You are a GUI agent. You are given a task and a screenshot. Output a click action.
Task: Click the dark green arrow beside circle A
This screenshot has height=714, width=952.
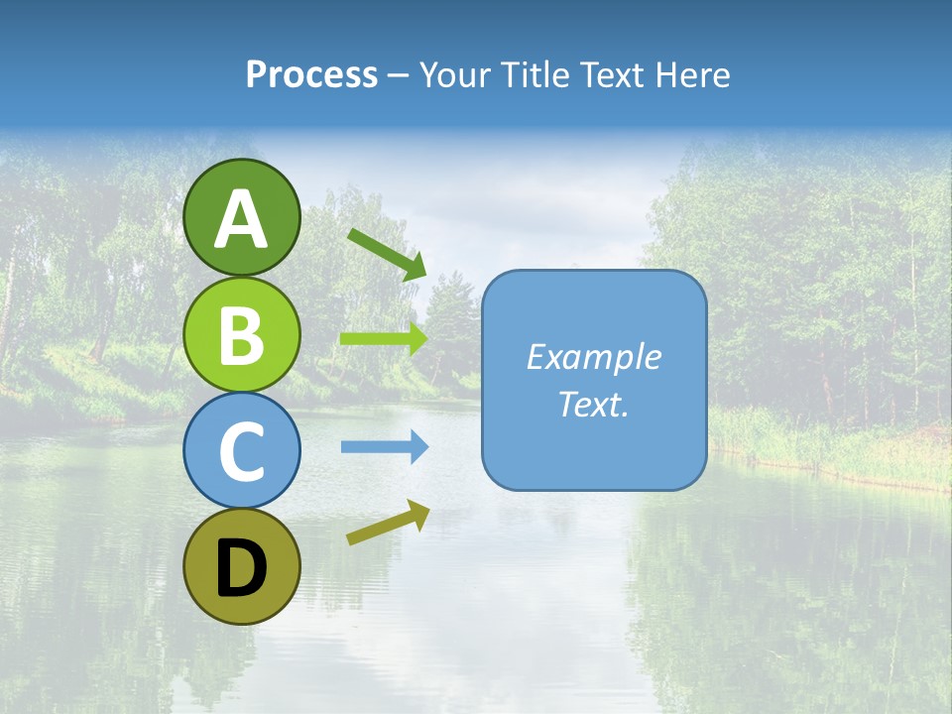point(387,253)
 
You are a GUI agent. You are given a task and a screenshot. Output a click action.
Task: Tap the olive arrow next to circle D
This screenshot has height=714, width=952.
point(388,523)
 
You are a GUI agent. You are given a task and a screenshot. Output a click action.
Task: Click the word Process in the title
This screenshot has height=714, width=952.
point(311,75)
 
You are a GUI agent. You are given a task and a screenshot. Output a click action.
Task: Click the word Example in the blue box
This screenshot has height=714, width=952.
point(593,357)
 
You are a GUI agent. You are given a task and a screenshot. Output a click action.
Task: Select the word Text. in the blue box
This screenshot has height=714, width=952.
point(593,405)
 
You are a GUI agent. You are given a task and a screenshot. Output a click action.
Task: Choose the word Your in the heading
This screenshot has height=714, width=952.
point(454,75)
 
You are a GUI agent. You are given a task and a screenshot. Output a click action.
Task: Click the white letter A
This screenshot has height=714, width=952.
point(241,220)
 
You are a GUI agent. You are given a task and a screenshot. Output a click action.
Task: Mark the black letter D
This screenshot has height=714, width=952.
point(241,570)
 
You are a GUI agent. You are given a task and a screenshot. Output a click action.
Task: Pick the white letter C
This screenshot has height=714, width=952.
point(241,452)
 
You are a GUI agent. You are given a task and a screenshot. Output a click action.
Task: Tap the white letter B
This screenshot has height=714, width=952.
point(241,335)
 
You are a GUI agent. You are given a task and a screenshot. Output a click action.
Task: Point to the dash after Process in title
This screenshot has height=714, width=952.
point(399,76)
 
